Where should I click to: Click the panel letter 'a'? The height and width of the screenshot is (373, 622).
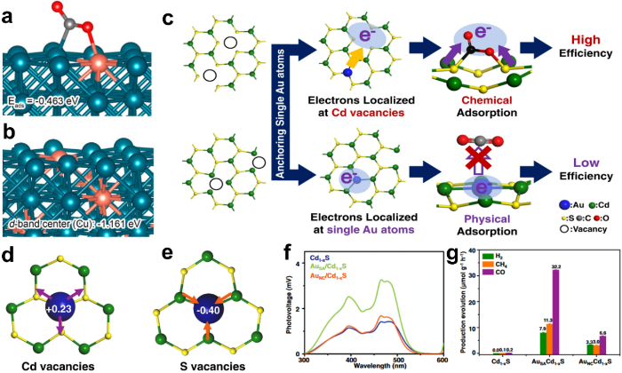tap(10, 13)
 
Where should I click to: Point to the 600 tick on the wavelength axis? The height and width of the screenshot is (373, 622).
tap(443, 362)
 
